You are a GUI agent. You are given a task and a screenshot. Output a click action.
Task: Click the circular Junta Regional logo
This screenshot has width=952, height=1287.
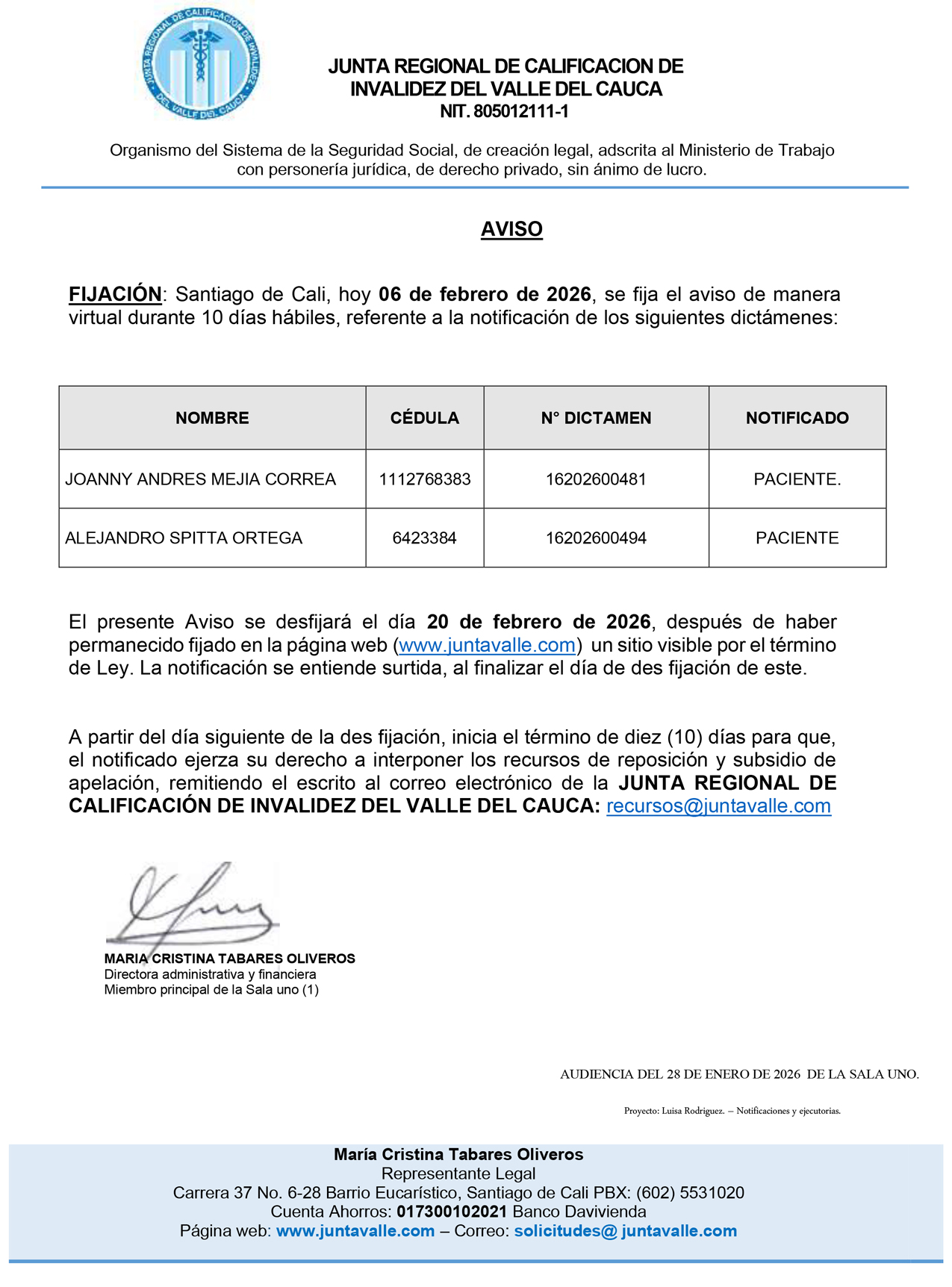(202, 66)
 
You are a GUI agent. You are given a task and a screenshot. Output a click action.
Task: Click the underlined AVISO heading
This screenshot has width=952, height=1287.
(511, 229)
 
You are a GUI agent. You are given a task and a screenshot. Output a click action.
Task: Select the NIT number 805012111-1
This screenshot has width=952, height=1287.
(505, 112)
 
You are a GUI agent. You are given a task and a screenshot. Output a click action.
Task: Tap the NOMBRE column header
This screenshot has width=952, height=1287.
(212, 418)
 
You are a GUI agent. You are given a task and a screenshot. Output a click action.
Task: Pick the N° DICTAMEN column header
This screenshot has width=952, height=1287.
(596, 418)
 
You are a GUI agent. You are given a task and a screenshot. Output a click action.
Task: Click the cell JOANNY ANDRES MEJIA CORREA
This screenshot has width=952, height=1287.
(200, 479)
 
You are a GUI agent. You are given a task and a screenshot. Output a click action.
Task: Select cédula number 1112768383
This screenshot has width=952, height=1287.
(425, 479)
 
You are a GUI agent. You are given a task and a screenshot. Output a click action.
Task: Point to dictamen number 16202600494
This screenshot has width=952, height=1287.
(596, 538)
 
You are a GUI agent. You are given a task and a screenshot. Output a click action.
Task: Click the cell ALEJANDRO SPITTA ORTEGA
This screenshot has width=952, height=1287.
(184, 538)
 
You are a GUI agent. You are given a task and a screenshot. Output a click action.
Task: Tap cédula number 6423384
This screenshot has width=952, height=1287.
(424, 538)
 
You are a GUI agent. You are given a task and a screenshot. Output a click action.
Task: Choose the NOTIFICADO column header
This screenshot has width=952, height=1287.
(797, 418)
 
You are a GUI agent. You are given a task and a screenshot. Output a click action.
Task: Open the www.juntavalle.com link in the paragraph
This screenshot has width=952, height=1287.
(487, 645)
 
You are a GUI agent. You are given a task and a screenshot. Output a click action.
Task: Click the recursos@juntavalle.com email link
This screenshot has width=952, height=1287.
(718, 806)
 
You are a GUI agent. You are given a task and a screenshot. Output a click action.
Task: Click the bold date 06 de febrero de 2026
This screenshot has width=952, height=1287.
(485, 294)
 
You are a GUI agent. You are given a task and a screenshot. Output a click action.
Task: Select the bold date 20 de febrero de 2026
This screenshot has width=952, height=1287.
(538, 622)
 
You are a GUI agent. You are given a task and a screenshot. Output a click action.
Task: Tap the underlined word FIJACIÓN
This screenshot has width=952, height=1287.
(115, 294)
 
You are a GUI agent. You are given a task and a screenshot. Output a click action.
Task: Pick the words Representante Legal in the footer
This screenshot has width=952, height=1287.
(458, 1174)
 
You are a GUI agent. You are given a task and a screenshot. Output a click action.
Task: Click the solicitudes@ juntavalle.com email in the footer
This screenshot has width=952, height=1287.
(625, 1231)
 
